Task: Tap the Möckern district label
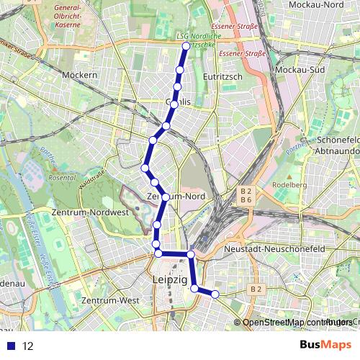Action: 79,75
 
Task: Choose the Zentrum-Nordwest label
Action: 90,213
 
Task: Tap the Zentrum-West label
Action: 110,300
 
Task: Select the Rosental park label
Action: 62,177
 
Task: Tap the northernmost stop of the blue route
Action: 186,46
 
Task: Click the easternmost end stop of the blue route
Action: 215,294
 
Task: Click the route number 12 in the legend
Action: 28,346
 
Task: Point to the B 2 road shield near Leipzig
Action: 255,289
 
